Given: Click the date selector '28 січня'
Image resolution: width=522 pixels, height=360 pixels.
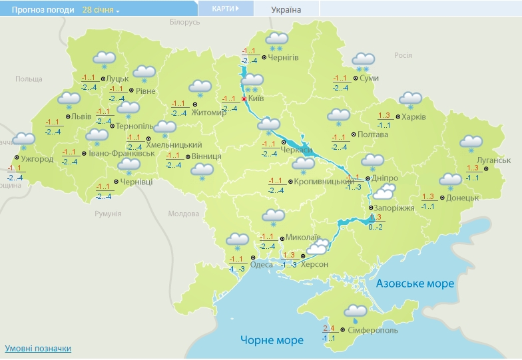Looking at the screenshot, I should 101,10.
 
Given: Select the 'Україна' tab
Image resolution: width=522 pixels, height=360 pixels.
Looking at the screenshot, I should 286,10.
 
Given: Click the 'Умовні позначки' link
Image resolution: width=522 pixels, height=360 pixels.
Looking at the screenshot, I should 38,349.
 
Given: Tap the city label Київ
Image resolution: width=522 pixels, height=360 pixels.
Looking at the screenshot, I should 256,98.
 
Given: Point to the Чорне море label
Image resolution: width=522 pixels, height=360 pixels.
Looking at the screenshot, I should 272,340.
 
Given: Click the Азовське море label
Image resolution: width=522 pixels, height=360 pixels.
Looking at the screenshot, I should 415,283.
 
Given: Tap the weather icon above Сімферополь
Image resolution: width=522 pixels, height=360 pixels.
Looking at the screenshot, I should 355,311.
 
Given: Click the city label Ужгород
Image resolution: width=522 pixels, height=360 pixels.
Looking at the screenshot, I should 37,159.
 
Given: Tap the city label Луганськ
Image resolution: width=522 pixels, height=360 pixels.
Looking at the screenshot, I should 493,160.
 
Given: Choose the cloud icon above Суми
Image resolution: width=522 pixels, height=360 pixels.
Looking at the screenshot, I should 362,61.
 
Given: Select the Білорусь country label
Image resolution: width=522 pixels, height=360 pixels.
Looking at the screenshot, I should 184,22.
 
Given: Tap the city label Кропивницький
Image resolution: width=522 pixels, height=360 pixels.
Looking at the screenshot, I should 318,181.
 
